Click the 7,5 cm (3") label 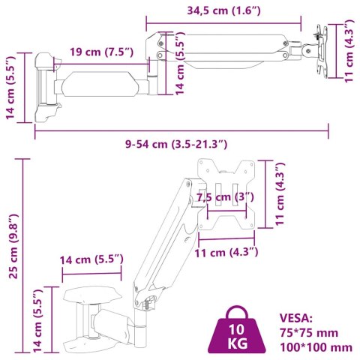[x=225, y=197]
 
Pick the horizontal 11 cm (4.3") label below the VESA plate [x=226, y=251]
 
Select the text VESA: [x=295, y=317]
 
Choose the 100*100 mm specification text [x=315, y=346]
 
